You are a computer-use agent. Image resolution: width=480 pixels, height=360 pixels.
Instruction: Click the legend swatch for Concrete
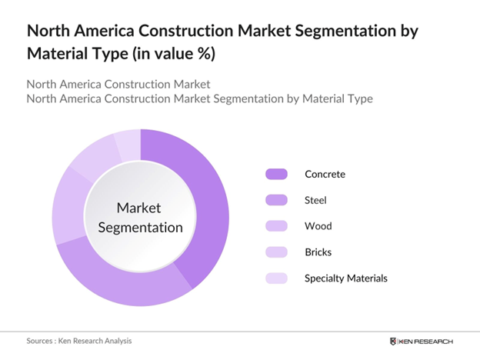[275, 174]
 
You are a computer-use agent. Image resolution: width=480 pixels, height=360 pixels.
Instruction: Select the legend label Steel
[316, 200]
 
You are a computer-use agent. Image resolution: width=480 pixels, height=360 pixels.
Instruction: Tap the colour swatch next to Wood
[275, 226]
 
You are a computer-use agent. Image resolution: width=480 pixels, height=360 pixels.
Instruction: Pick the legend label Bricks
[318, 252]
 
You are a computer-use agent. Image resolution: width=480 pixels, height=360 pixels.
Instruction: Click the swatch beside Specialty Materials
[275, 278]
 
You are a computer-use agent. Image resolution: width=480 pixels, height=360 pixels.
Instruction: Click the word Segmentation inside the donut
[140, 227]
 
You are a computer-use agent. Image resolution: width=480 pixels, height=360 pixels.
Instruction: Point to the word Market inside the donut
[140, 208]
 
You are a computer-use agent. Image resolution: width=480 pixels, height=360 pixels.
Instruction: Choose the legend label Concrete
[325, 174]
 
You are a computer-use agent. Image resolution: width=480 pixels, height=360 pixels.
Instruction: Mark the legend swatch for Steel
[275, 200]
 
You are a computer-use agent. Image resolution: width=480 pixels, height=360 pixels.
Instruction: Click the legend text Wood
[318, 226]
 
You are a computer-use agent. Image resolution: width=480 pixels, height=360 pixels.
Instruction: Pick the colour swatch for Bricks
[275, 252]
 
